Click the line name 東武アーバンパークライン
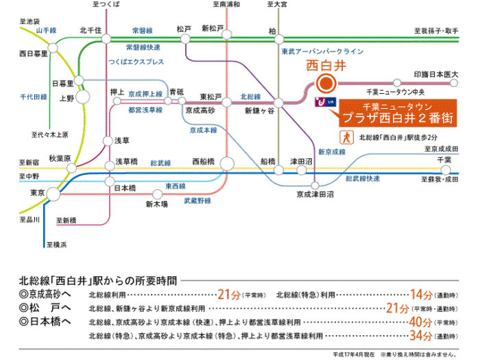point(321,51)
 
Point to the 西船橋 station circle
point(228,163)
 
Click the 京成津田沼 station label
point(315,195)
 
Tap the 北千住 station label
point(91,29)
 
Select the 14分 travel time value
point(420,294)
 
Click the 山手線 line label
point(49,31)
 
